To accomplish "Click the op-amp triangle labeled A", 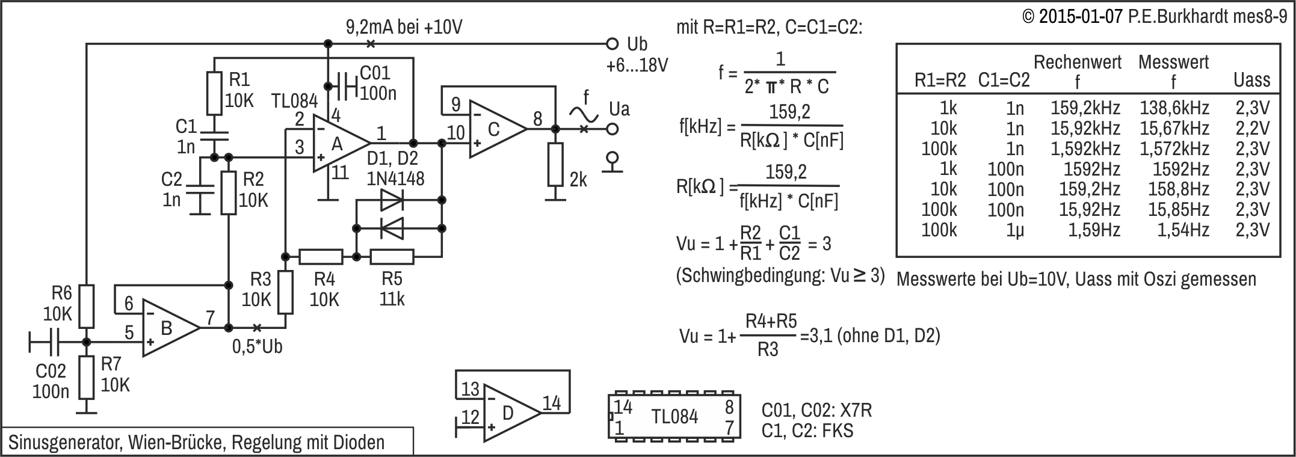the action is pos(340,144).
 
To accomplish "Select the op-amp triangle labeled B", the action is pos(170,328).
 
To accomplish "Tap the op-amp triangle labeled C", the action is pos(497,129).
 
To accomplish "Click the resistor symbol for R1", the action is pos(215,93).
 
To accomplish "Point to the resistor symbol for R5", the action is pos(392,257).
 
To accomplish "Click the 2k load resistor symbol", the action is pos(555,165).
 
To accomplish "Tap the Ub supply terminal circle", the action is pos(613,44).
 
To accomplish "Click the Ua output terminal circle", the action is pos(613,129).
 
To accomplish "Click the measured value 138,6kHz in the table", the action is pos(1174,108).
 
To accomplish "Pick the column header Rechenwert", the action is pos(1078,61).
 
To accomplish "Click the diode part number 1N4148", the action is pos(396,179).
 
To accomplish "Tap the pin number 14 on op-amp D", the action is pos(552,403).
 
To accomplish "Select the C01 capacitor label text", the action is pos(375,73).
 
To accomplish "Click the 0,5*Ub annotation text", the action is pos(257,347).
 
